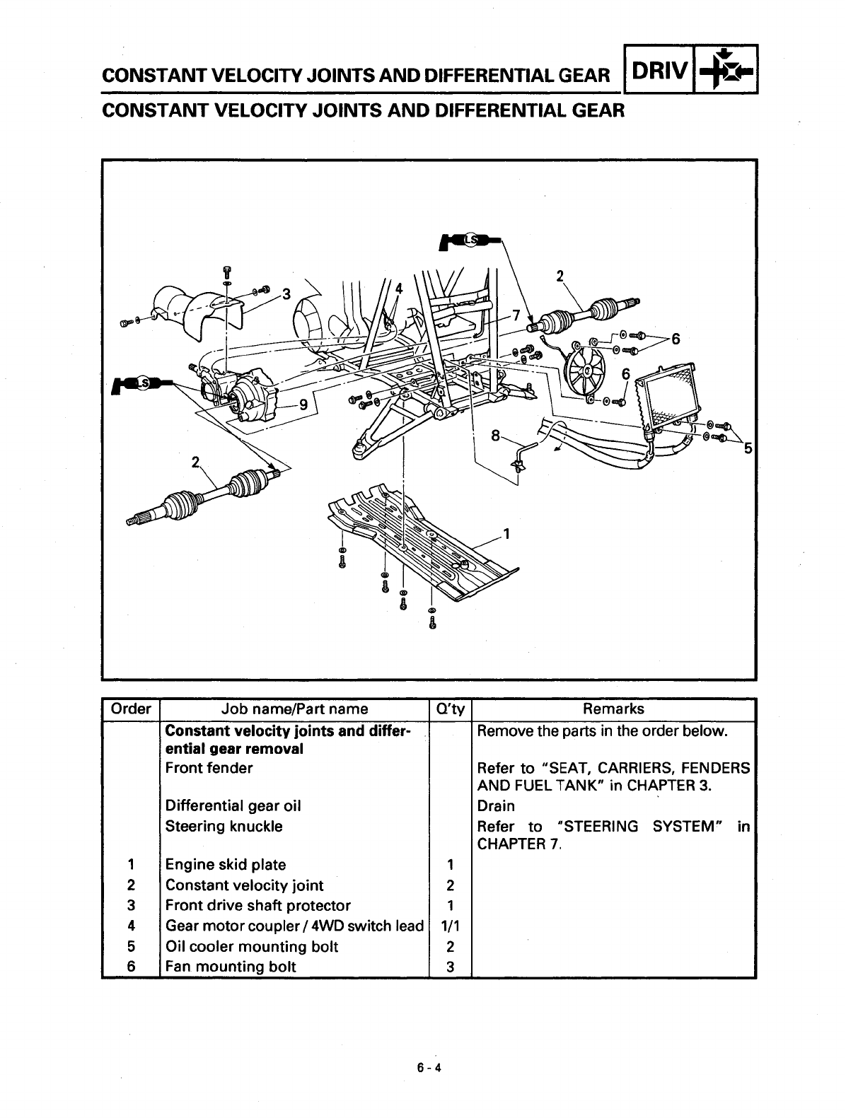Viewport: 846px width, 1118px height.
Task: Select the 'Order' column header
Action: tap(131, 709)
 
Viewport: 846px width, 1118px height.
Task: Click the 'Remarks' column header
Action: tap(613, 709)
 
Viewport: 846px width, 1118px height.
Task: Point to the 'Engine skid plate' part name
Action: tap(226, 864)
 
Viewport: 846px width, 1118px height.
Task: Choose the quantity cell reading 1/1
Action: tap(450, 926)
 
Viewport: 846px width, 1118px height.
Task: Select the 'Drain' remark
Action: tap(496, 805)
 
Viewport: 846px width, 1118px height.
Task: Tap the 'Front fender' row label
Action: tap(209, 767)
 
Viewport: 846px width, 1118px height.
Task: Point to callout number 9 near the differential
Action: tap(303, 405)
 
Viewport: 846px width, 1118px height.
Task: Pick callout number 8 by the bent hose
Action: tap(496, 436)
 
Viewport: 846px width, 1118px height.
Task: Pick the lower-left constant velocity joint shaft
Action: tap(205, 495)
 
